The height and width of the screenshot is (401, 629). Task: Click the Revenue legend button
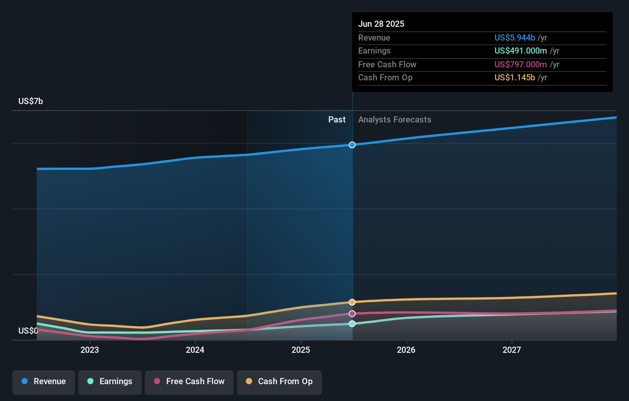pos(44,382)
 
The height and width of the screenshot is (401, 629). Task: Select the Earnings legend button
pos(110,382)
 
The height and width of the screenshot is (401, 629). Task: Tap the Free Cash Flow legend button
pos(189,382)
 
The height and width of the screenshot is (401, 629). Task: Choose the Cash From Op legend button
pos(279,382)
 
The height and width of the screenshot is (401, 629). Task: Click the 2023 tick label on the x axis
pos(90,350)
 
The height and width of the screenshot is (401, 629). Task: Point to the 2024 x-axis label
pos(195,350)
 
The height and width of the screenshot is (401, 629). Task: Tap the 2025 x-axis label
pos(301,350)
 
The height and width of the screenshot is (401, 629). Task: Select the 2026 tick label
pos(406,350)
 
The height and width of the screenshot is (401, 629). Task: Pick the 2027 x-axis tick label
pos(512,350)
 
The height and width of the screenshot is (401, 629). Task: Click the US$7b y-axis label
pos(31,101)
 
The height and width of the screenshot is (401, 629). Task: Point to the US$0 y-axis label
pos(28,331)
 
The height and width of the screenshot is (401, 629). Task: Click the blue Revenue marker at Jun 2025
pos(352,145)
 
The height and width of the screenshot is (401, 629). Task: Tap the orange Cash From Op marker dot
pos(352,302)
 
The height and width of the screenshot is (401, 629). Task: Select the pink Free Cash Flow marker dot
pos(352,314)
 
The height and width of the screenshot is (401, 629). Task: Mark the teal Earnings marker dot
pos(352,324)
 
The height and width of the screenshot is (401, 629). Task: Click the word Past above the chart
pos(337,120)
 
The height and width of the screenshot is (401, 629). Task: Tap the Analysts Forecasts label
pos(395,120)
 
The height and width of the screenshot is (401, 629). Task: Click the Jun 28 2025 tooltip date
pos(381,24)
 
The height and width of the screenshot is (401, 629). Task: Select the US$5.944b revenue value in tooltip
pos(514,37)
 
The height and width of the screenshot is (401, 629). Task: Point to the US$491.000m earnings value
pos(521,51)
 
